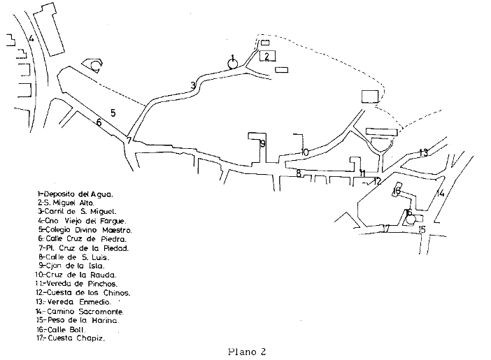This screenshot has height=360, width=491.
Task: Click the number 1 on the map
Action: (232, 57)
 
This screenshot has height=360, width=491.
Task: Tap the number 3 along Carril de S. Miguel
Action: (192, 86)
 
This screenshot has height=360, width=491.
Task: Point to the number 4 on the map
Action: (31, 38)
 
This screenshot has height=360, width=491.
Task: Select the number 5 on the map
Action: (113, 112)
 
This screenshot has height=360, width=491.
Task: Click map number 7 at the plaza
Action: (129, 141)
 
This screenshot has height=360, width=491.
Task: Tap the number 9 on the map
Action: (262, 144)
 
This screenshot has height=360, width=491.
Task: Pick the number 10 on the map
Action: (305, 152)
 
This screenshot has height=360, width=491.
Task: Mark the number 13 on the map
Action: (423, 152)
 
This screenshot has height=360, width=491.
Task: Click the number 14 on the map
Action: (440, 193)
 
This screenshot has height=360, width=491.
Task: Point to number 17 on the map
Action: (385, 229)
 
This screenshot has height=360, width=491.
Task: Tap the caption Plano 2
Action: (246, 352)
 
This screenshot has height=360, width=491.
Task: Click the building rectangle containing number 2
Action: (266, 57)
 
